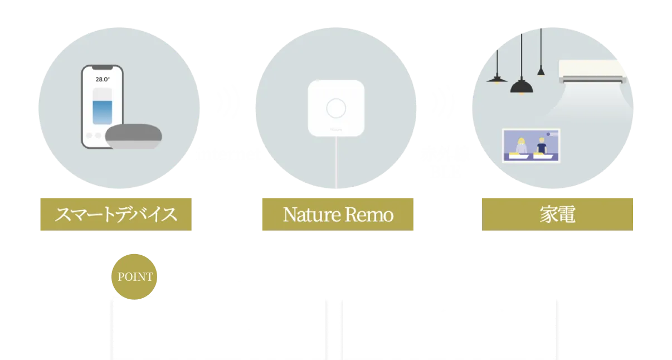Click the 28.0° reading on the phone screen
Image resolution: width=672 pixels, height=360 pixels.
(x=103, y=79)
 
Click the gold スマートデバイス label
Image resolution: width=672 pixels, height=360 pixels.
(x=115, y=214)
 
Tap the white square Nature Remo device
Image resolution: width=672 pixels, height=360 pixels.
(x=336, y=108)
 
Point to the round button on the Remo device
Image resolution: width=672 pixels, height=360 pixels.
(x=336, y=108)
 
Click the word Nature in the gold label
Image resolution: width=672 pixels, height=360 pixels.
(x=309, y=215)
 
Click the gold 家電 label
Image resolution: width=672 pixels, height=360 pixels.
(x=558, y=214)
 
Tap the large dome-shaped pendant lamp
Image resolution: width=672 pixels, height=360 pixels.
(x=522, y=86)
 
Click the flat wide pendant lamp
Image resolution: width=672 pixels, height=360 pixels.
(x=496, y=78)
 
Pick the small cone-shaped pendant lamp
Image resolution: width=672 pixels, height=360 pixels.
(x=540, y=71)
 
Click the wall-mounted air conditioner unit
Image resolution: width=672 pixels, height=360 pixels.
(x=592, y=71)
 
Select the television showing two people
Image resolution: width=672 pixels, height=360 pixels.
(x=531, y=146)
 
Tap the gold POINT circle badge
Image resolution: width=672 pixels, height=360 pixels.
(x=134, y=276)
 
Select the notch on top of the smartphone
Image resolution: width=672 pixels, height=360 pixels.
(x=102, y=70)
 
